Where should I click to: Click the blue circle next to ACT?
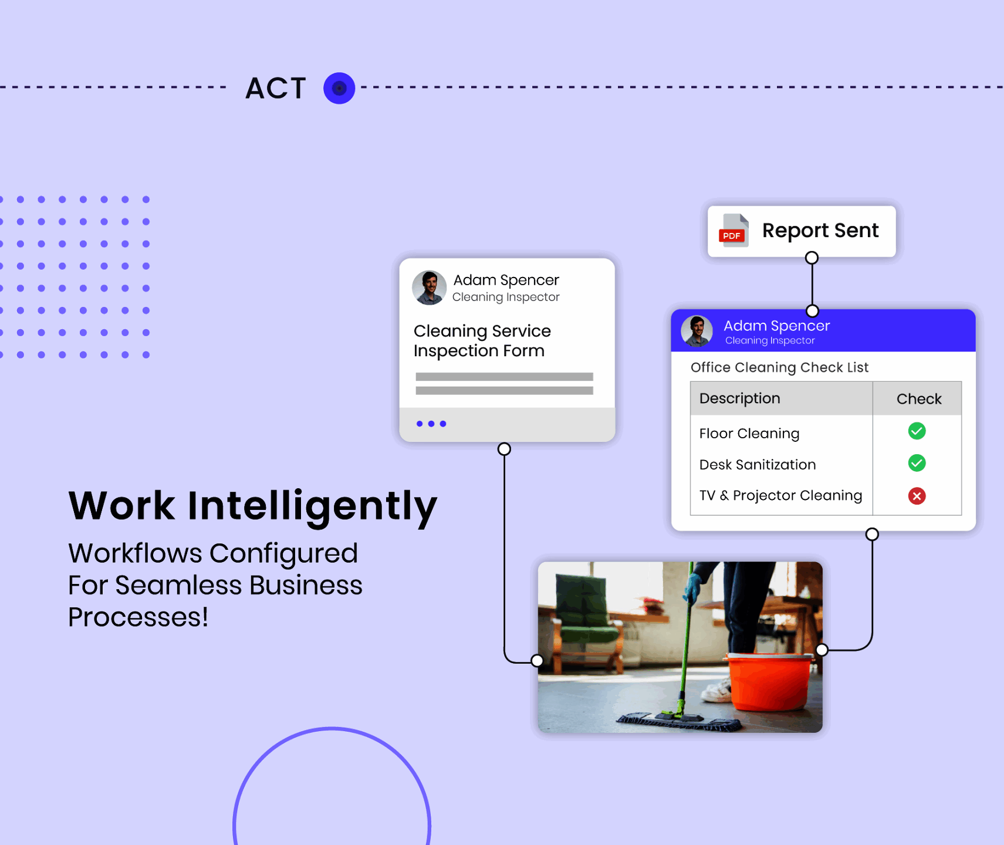[339, 88]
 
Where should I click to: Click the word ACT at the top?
[276, 89]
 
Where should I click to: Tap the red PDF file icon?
[733, 231]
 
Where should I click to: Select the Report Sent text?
[820, 231]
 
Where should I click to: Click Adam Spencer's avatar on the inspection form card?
[430, 288]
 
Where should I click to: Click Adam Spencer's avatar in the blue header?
[697, 331]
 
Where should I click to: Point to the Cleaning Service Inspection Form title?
[482, 341]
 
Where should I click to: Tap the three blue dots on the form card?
[431, 424]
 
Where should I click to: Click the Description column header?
[740, 398]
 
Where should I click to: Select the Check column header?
[919, 399]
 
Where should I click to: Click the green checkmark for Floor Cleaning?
[917, 431]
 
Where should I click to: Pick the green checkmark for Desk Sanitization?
[917, 463]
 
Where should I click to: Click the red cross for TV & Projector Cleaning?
[917, 496]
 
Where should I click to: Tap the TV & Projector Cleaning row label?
[781, 496]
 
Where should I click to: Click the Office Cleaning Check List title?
[779, 367]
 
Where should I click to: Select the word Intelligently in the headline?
[312, 506]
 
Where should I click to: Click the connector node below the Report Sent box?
[812, 258]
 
